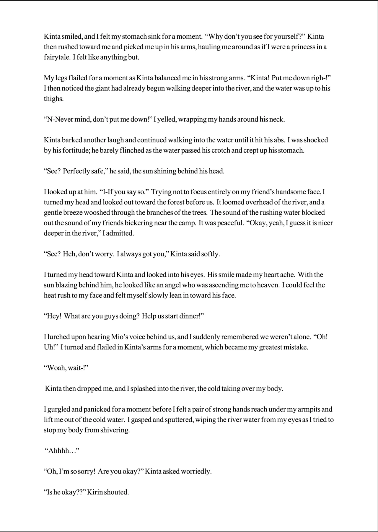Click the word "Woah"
(56, 368)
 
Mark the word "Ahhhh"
(61, 451)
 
